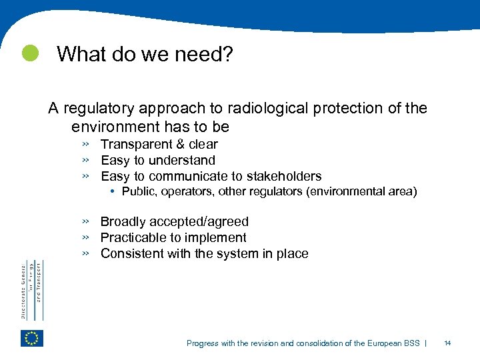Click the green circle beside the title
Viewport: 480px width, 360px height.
(x=29, y=54)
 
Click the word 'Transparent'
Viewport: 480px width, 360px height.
(x=135, y=145)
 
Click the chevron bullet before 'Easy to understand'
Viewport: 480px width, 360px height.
(x=85, y=160)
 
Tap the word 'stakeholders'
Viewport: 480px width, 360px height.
(x=283, y=177)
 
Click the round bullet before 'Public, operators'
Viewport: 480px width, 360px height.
(x=115, y=192)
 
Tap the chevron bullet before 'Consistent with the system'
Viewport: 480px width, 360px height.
(x=85, y=253)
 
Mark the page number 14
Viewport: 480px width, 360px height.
(x=448, y=343)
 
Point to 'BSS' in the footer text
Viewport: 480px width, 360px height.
(x=411, y=343)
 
